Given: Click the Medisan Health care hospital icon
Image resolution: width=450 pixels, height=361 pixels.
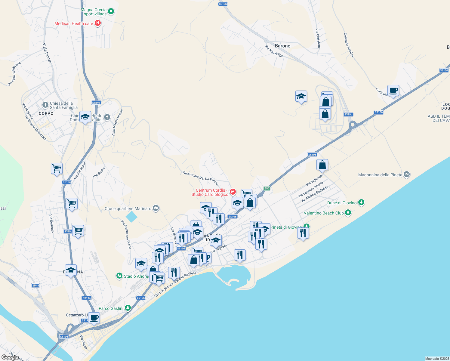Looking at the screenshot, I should point(97,23).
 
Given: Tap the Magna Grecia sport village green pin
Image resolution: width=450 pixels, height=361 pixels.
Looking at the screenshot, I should point(111,12).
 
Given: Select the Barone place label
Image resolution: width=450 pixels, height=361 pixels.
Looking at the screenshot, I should point(282,46).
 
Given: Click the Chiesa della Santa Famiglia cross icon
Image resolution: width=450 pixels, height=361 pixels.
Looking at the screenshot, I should point(45,105).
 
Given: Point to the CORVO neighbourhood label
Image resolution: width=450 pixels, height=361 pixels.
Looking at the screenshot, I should point(46,113).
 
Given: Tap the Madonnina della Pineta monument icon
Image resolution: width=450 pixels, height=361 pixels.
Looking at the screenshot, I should point(407,174).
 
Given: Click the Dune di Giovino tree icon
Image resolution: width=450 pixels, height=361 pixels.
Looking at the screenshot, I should point(361,202).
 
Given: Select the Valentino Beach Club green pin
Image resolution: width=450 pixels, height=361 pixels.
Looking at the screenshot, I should point(348,213).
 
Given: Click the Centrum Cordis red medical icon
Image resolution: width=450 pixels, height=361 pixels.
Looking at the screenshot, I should point(233,192).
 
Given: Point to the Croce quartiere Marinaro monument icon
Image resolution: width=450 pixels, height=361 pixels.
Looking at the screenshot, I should point(156,208).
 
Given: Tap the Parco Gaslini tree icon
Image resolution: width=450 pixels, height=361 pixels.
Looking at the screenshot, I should point(128,308).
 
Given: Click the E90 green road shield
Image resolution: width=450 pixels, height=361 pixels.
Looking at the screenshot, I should point(267,188).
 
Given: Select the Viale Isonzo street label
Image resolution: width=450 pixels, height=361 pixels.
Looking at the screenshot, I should point(47,53).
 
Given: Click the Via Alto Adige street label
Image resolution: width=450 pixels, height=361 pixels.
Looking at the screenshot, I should point(274,51).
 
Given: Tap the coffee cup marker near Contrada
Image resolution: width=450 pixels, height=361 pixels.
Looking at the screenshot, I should point(393,90).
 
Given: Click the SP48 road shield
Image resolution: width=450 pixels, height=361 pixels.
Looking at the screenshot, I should point(35,285).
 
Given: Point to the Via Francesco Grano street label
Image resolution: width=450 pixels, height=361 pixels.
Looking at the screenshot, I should point(126,234).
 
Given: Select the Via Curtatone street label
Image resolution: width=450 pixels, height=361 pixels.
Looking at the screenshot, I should point(318,38).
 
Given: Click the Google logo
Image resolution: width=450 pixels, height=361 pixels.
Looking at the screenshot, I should point(10,357).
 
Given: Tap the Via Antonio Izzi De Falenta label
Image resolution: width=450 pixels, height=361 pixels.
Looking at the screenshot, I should point(200,178).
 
